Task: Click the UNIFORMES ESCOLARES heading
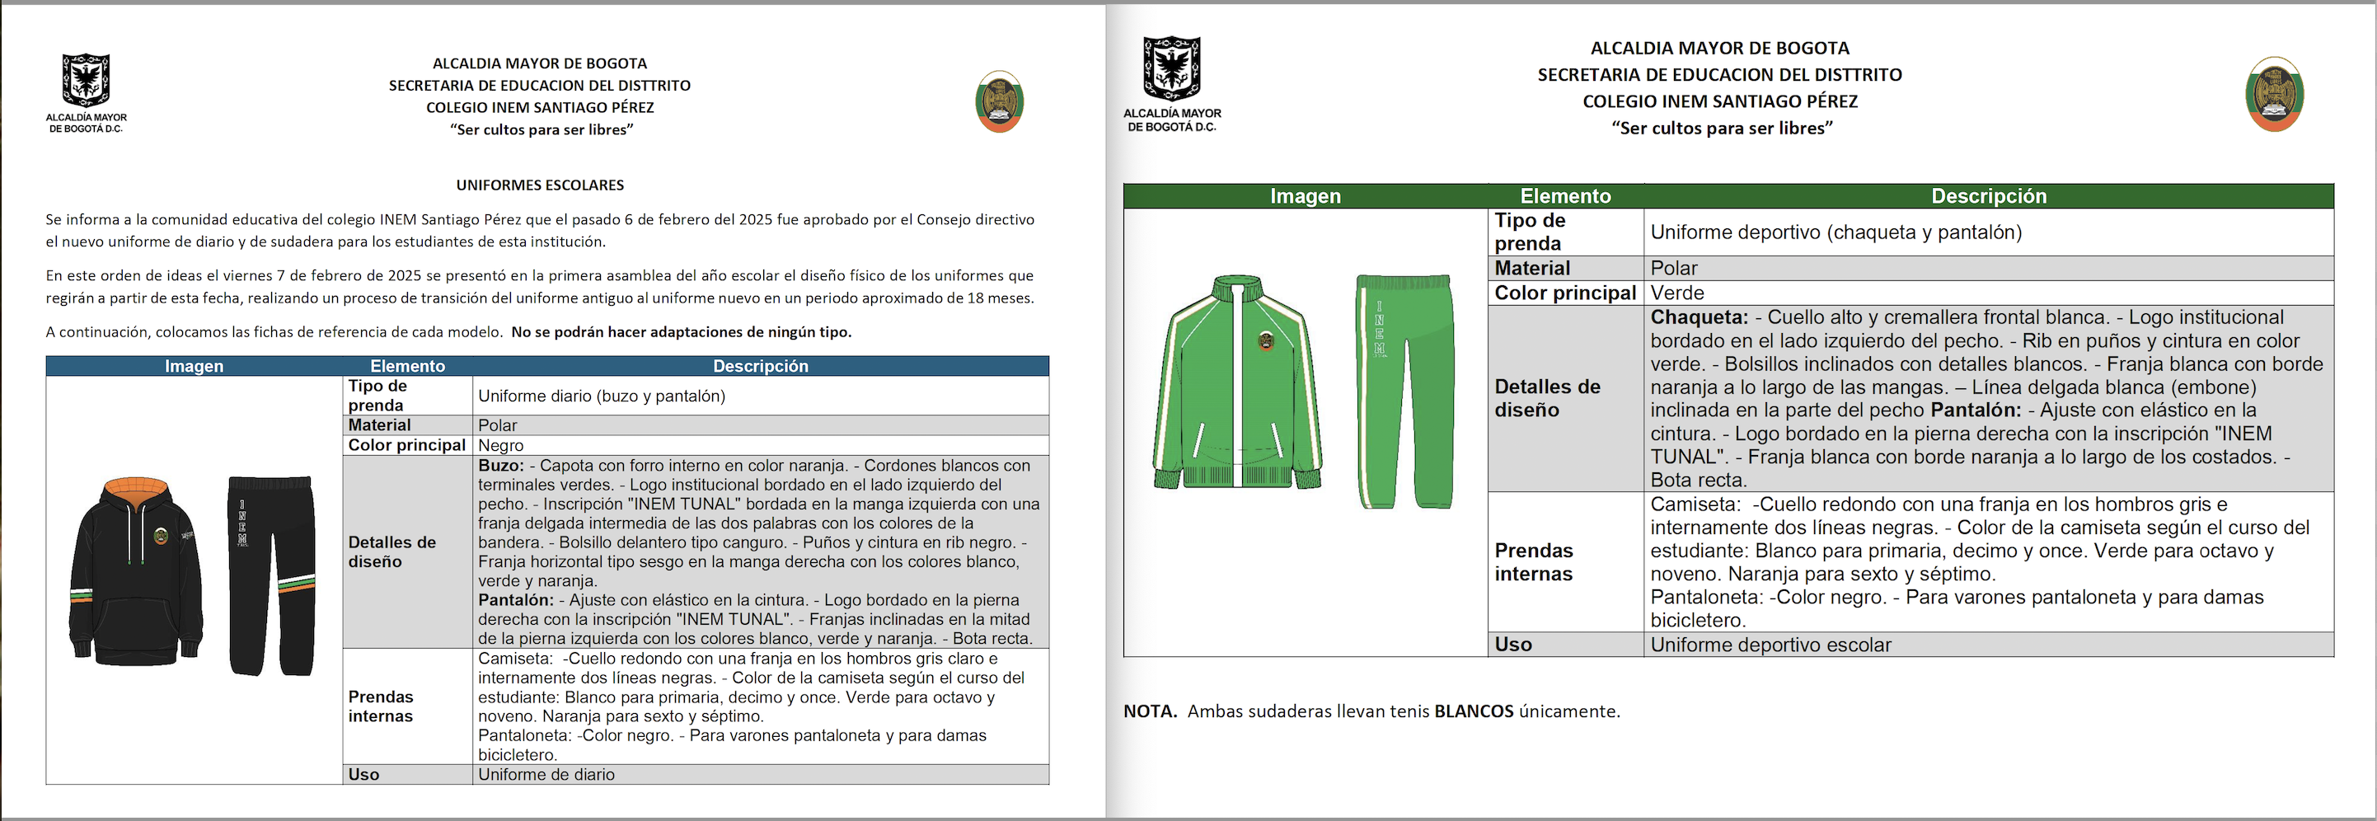point(540,185)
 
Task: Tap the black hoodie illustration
point(136,576)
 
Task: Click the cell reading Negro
point(501,446)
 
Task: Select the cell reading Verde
point(1676,293)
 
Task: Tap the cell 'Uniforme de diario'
point(546,775)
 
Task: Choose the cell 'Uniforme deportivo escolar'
point(1770,645)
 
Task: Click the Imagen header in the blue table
point(194,366)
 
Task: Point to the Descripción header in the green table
point(1989,196)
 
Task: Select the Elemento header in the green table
point(1565,196)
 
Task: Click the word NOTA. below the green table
point(1150,711)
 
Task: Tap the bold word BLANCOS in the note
point(1474,711)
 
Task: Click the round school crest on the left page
point(999,101)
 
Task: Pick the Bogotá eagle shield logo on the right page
point(1172,68)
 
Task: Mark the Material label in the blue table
point(379,425)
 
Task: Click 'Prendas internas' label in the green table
point(1534,562)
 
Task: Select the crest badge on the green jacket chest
point(1266,340)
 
